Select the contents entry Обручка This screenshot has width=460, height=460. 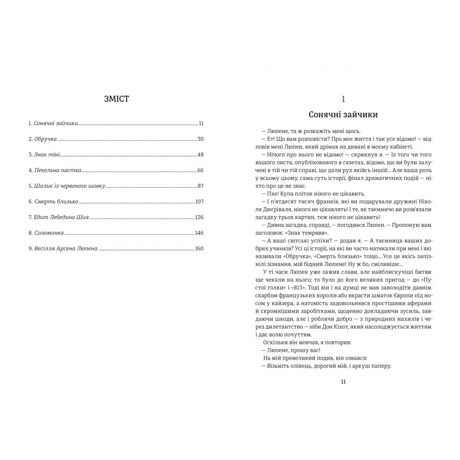pyautogui.click(x=45, y=139)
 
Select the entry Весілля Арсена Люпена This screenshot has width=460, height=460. pyautogui.click(x=66, y=248)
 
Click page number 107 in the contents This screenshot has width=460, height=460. pyautogui.click(x=199, y=201)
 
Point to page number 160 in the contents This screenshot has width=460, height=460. pyautogui.click(x=199, y=248)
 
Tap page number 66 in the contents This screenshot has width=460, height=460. pyautogui.click(x=200, y=170)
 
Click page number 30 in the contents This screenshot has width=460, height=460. pyautogui.click(x=200, y=139)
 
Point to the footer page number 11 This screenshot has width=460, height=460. pyautogui.click(x=344, y=381)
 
